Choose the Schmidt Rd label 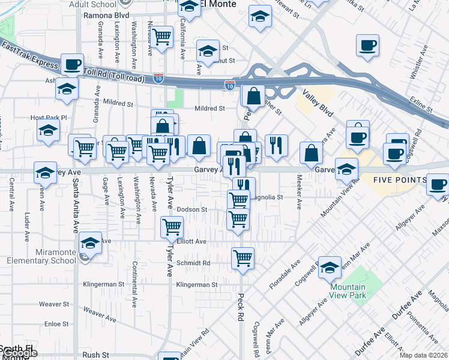193,263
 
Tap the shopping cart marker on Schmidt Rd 243,258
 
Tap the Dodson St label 192,209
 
